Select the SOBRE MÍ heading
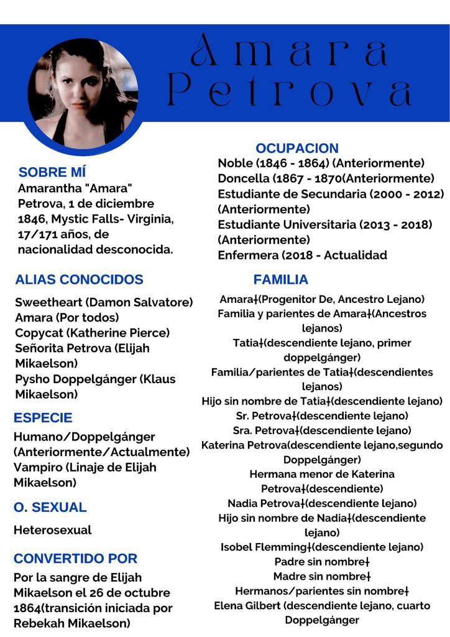pos(52,172)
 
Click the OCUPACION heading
pos(297,148)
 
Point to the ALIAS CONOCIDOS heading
pos(79,280)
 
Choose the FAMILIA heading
pos(280,280)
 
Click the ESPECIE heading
pos(43,417)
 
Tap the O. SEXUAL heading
pos(50,508)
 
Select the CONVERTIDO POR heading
pos(75,559)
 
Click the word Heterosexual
pos(53,531)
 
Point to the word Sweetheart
pos(48,303)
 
